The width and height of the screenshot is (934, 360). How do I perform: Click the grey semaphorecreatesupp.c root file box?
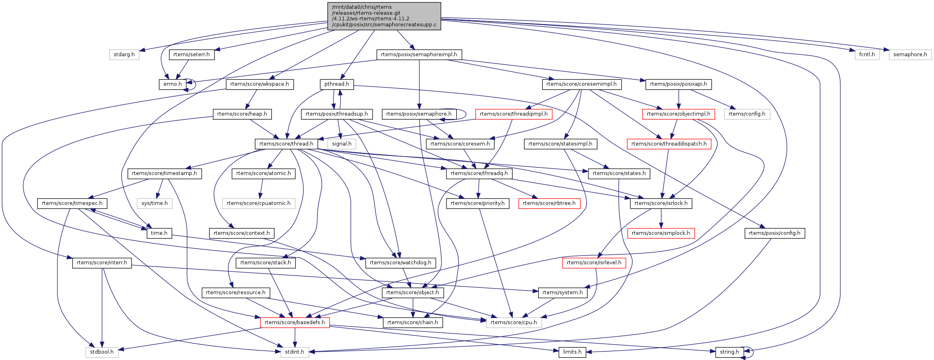[384, 16]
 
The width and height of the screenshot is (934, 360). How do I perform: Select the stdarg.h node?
[124, 55]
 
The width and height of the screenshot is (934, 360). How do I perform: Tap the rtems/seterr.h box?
[191, 55]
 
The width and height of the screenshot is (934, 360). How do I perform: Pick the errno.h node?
[172, 84]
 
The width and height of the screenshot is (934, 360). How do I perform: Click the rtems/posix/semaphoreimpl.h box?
[419, 55]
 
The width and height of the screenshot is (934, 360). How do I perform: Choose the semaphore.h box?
[910, 55]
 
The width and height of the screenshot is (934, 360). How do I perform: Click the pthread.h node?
[336, 84]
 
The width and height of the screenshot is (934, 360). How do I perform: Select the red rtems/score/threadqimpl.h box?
[513, 114]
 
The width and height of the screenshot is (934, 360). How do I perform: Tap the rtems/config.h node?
[747, 114]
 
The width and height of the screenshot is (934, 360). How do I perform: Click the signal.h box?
[342, 144]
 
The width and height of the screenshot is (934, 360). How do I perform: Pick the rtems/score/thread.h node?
[286, 144]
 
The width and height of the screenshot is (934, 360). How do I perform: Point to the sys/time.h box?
[155, 203]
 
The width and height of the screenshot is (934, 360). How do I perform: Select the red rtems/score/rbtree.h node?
[549, 203]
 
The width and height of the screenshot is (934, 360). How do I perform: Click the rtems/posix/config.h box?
[774, 233]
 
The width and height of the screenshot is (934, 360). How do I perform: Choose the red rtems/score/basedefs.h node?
[295, 323]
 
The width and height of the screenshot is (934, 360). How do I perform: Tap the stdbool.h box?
[102, 352]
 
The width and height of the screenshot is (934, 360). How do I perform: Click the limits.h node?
[572, 352]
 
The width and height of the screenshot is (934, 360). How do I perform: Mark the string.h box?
[729, 352]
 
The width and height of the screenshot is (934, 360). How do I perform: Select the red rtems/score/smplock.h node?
[661, 233]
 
